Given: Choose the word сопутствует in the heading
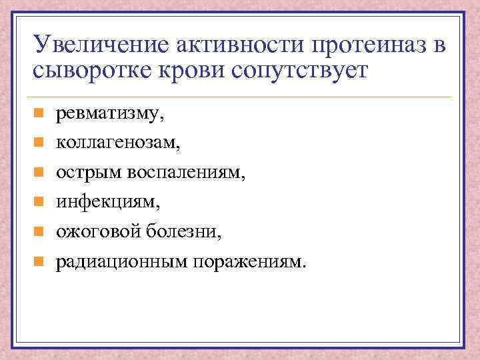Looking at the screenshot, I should (x=299, y=71).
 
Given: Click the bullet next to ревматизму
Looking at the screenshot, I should (x=39, y=114).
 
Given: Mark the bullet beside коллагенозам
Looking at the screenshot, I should (x=39, y=143).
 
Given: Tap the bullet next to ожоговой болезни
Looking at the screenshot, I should (x=39, y=231).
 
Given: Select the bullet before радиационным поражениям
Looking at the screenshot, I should (x=39, y=261).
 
